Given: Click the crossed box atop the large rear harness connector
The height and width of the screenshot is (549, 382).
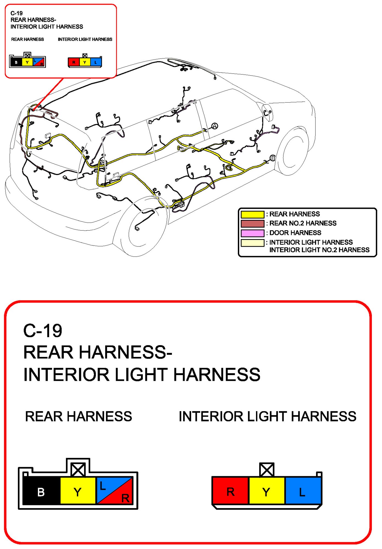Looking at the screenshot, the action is (78, 470).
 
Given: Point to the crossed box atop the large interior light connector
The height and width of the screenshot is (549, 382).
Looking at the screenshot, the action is (267, 470).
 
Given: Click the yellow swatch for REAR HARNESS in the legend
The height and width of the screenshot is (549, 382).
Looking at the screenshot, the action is (252, 214).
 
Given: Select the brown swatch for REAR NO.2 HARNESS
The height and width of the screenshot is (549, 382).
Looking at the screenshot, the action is (252, 223).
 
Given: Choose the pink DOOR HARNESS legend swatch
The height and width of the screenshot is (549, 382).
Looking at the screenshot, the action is (252, 233).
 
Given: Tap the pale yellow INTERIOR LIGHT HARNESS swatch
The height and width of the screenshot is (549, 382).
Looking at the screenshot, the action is (252, 243).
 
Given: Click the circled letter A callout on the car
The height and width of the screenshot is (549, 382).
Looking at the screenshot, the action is (215, 126).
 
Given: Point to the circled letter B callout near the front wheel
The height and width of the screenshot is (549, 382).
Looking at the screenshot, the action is (273, 158).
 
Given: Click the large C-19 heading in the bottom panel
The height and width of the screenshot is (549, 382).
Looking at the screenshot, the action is (43, 331).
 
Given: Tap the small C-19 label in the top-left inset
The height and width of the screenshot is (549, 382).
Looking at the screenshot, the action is (16, 13).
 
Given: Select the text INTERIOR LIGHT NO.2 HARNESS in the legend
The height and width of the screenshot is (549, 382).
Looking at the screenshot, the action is (319, 250).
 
